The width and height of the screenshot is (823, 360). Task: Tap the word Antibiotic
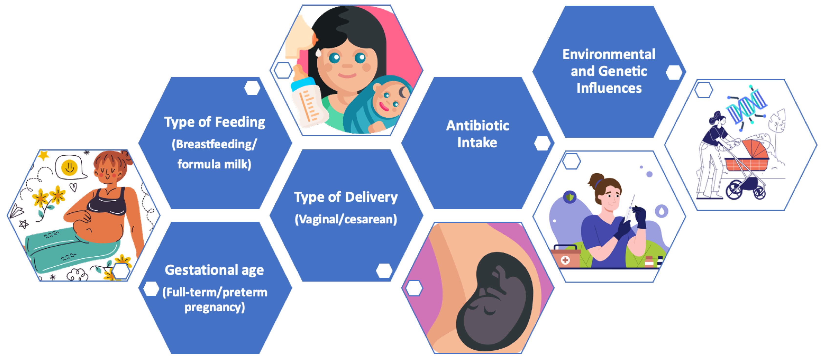(478, 126)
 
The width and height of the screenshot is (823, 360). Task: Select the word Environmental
(609, 54)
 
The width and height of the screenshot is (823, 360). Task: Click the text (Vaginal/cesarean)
(346, 219)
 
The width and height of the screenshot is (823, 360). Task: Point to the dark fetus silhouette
(494, 301)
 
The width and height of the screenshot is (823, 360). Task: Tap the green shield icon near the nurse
(570, 197)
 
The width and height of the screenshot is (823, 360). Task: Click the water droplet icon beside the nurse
(661, 211)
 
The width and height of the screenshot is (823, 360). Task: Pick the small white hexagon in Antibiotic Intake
(542, 143)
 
